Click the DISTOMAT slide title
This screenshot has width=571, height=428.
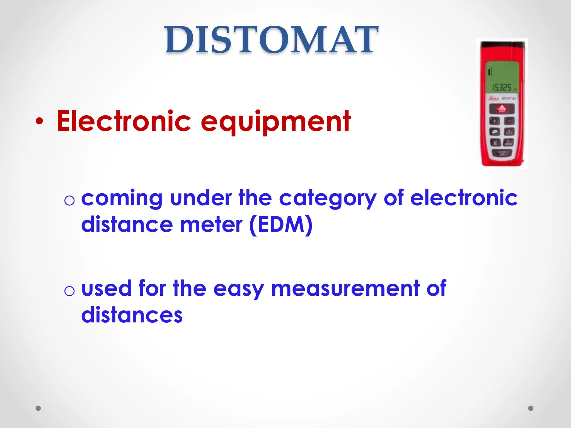272,40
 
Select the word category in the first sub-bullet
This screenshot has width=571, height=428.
328,198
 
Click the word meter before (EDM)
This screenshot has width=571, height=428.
211,225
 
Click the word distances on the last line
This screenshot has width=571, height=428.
132,315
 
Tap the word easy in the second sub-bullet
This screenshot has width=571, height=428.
238,289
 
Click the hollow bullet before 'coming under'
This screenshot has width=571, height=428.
69,200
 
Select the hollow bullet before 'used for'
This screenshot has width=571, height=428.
69,291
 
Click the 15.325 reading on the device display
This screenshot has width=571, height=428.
502,87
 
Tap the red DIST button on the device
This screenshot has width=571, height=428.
502,109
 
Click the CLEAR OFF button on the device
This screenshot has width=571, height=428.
502,153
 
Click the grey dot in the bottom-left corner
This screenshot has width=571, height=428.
38,408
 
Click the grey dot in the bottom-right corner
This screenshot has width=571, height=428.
531,408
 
